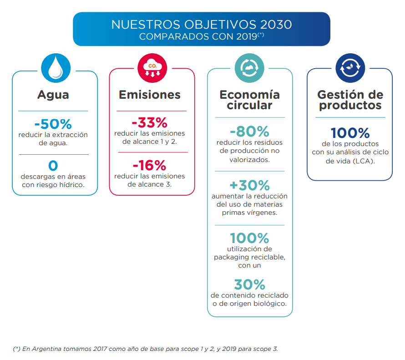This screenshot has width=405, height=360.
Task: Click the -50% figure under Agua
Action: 53,124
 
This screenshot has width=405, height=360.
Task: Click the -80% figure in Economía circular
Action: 249,132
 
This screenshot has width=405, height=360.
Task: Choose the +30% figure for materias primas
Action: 249,185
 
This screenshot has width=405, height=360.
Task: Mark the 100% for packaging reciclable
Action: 249,238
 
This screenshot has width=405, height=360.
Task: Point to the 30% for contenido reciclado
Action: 249,284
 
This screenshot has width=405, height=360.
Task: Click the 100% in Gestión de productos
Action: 350,133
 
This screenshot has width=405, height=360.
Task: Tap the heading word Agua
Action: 53,95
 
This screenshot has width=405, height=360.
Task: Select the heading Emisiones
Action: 150,95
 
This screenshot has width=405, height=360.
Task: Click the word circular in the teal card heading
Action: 249,106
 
